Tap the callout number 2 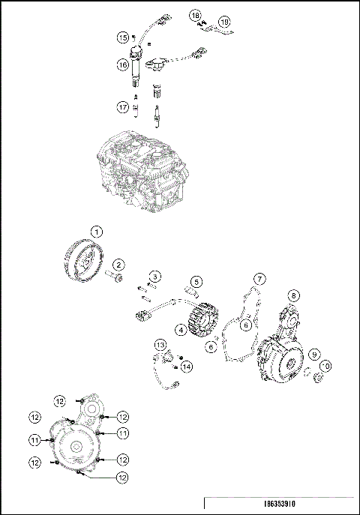[118, 263]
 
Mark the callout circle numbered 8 [295, 295]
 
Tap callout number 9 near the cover [316, 354]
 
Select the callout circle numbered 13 [160, 345]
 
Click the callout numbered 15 [121, 37]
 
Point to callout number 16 [122, 66]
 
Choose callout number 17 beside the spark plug [122, 107]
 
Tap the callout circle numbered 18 [195, 15]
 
